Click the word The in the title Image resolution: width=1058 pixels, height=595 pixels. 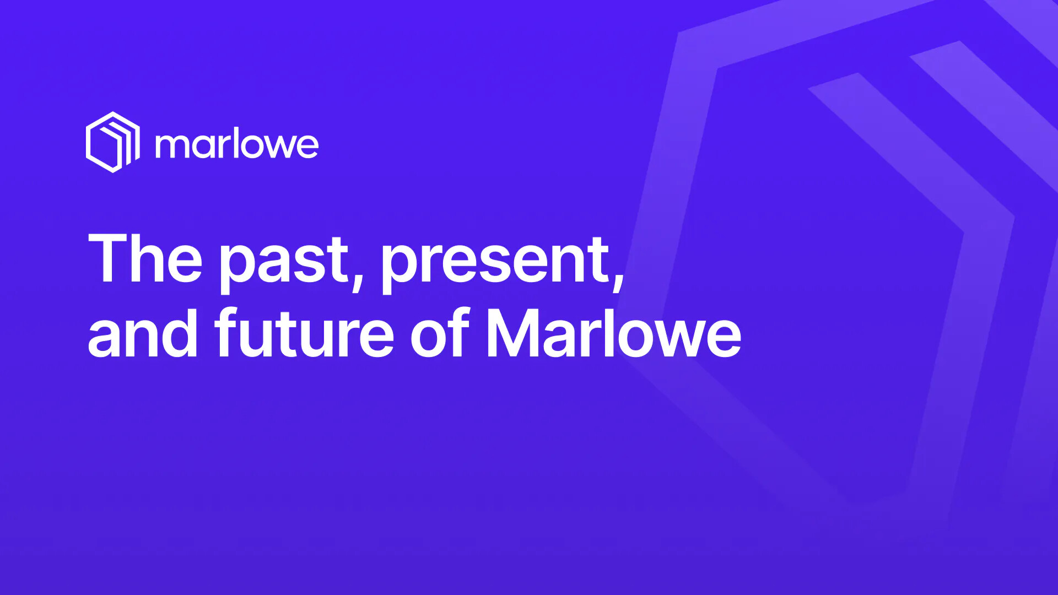(x=145, y=258)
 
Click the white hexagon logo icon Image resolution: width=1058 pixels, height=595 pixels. (x=113, y=142)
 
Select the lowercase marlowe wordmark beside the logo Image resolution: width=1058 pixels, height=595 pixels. (x=237, y=145)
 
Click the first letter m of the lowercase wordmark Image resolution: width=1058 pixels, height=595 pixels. (x=173, y=147)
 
